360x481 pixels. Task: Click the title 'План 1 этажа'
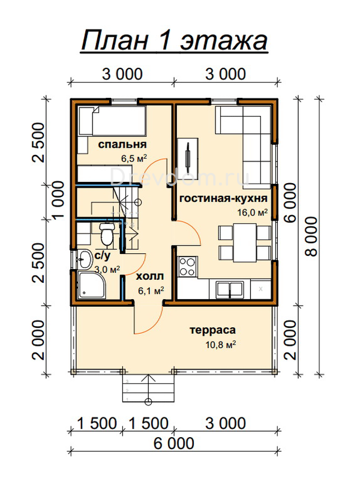[x=175, y=41]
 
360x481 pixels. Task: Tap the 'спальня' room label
[x=122, y=144]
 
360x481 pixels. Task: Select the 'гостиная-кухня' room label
[x=223, y=199]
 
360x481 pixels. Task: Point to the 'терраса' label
[x=212, y=330]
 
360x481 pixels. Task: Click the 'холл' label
[x=149, y=276]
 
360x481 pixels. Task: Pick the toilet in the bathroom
[x=107, y=234]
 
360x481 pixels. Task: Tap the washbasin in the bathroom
[x=84, y=259]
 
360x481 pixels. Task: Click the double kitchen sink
[x=230, y=290]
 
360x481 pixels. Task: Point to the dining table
[x=245, y=243]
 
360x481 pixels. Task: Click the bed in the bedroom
[x=112, y=121]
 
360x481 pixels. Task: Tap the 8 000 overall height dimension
[x=311, y=237]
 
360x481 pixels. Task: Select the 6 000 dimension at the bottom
[x=174, y=444]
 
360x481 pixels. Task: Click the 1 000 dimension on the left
[x=58, y=200]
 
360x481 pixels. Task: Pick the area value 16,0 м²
[x=253, y=212]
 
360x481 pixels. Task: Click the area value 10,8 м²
[x=221, y=345]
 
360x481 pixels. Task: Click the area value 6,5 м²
[x=134, y=159]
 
